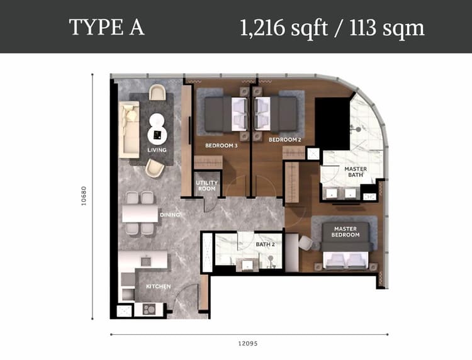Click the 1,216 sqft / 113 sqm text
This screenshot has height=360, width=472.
(332, 28)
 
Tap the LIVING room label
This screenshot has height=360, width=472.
(157, 150)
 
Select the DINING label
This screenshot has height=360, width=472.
(170, 215)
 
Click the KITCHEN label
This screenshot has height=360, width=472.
(158, 286)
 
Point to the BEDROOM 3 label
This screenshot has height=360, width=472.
(220, 145)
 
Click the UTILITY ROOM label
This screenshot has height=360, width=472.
(207, 186)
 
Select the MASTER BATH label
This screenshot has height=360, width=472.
(355, 172)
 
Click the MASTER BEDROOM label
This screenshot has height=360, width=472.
(346, 232)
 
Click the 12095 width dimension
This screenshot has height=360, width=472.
(247, 344)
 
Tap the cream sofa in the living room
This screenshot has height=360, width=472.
(130, 129)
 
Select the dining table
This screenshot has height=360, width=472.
(140, 214)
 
